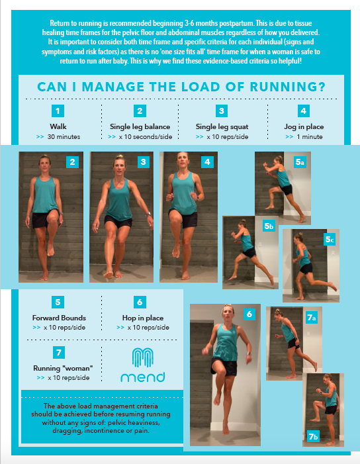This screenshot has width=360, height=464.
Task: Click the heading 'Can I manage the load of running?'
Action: click(180, 87)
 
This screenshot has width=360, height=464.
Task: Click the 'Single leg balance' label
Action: click(140, 126)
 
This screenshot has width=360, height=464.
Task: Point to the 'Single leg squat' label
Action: click(222, 126)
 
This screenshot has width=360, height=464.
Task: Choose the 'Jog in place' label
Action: click(303, 126)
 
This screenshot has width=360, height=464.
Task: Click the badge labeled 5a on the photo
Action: click(300, 162)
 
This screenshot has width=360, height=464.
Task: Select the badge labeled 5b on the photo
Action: click(268, 226)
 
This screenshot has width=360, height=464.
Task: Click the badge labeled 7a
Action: click(311, 318)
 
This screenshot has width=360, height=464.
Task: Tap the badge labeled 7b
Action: click(312, 436)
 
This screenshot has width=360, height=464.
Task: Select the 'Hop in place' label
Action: click(140, 318)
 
